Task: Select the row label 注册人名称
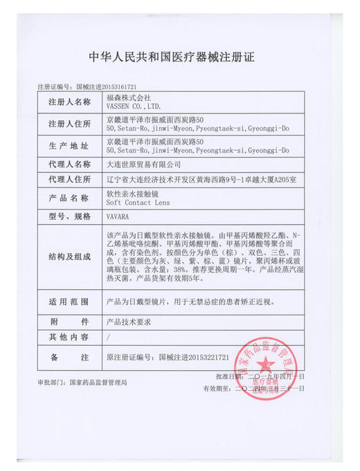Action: tap(69, 102)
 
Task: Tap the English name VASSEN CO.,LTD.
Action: tap(133, 107)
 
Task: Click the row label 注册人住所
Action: tap(69, 124)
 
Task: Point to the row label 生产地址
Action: tap(69, 145)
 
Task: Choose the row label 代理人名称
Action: tap(69, 165)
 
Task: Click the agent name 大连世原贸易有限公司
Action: tap(142, 165)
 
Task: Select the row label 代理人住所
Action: tap(69, 178)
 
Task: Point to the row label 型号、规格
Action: tap(69, 216)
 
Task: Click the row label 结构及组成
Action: tap(69, 256)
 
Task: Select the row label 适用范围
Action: tap(69, 302)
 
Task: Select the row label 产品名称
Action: tap(69, 198)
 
